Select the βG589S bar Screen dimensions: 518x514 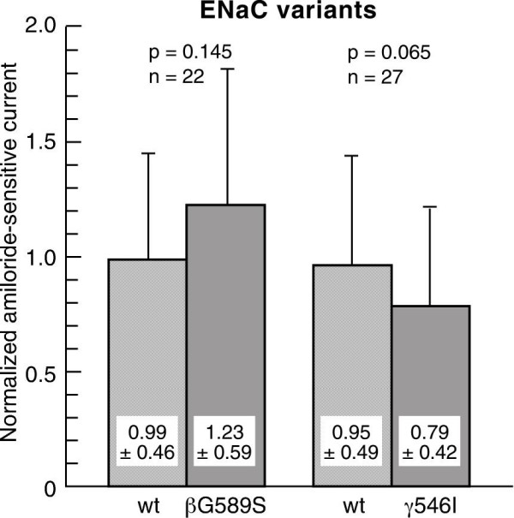point(227,342)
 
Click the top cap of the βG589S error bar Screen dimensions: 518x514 point(228,69)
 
